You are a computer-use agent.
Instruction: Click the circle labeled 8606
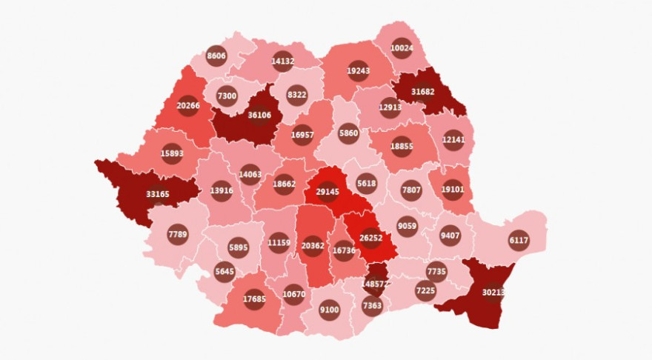point(216,56)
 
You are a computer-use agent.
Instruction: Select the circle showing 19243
point(358,71)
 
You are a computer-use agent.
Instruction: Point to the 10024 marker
point(401,48)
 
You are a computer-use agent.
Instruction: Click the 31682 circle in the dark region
point(422,92)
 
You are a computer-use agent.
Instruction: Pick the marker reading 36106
point(259,115)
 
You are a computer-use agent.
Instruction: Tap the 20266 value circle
point(188,105)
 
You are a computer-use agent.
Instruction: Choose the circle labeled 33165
point(157,194)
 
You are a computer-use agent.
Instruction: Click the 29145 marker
point(327,191)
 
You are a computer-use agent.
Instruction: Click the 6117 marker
point(519,240)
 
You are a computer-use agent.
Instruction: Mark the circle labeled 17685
point(254,299)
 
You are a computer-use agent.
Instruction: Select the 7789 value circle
point(178,235)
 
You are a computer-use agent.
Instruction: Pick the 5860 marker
point(348,134)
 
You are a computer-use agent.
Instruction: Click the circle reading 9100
point(330,310)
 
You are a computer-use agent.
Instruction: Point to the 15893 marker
point(172,153)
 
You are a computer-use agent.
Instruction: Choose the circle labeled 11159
point(279,242)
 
